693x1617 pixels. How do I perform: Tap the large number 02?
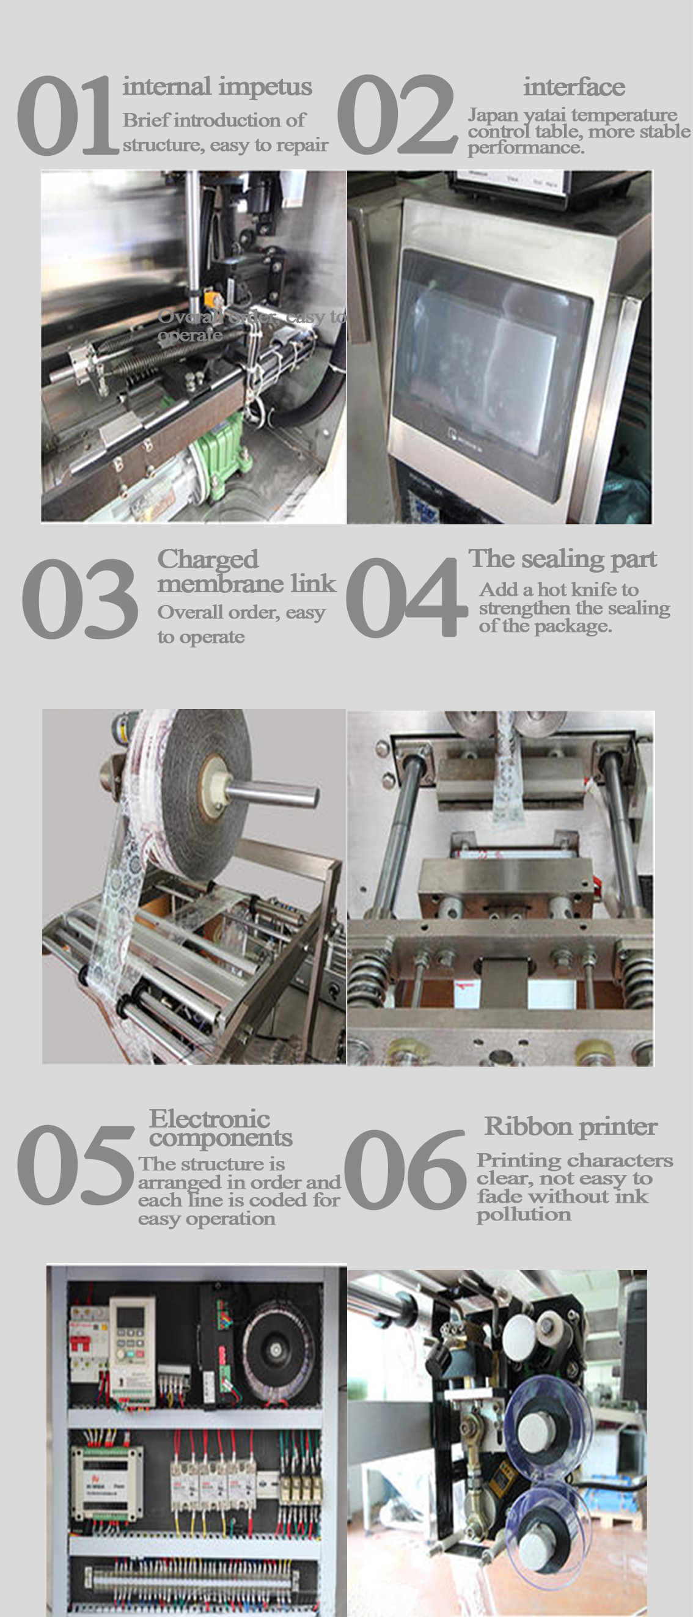[397, 115]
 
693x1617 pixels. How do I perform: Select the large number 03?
[79, 598]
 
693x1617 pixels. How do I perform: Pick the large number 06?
[405, 1169]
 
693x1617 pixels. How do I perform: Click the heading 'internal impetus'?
[217, 87]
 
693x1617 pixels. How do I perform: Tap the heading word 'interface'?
[574, 87]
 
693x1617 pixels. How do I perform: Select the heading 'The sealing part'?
[562, 558]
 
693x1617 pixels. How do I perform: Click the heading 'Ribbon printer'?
[571, 1126]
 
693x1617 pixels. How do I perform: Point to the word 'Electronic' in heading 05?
[209, 1118]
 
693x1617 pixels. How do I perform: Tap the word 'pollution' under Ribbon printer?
[524, 1215]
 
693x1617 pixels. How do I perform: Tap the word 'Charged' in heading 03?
[208, 559]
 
